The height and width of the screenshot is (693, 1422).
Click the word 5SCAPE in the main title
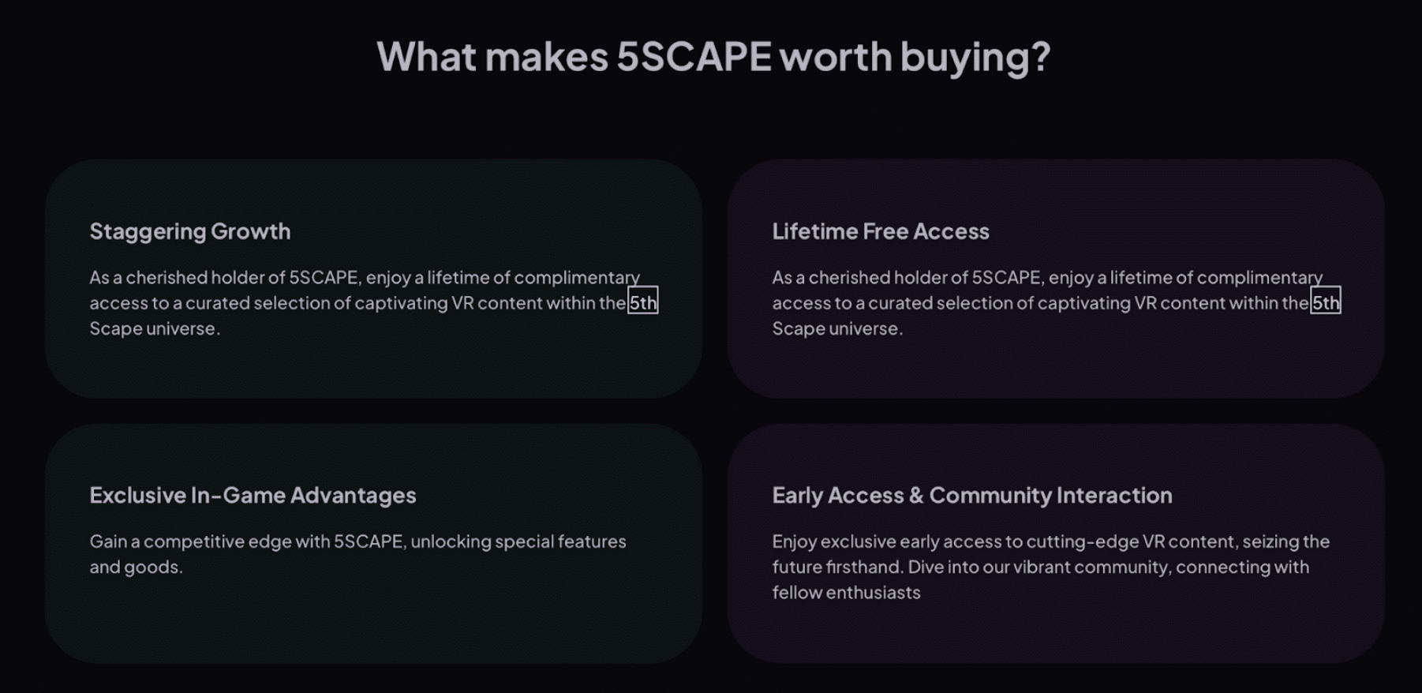click(694, 57)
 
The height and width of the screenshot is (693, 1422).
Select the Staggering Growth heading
click(190, 232)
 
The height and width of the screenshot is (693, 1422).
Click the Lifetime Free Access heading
click(881, 231)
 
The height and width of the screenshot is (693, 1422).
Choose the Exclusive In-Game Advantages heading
click(253, 495)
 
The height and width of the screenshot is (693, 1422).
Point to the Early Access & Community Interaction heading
click(972, 496)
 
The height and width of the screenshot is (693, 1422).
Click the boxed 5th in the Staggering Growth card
click(642, 302)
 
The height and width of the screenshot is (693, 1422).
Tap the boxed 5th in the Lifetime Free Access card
click(1326, 302)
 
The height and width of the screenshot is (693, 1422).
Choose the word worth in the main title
click(836, 57)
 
